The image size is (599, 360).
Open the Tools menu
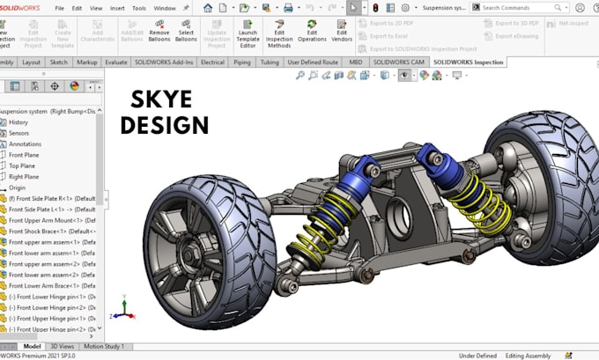[139, 8]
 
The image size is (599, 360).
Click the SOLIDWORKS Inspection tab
[469, 63]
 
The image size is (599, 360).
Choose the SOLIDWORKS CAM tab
[400, 63]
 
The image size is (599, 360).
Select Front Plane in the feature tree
[24, 155]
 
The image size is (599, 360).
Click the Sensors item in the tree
[19, 133]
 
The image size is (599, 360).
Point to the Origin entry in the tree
[18, 187]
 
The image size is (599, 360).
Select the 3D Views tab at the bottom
[62, 347]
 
